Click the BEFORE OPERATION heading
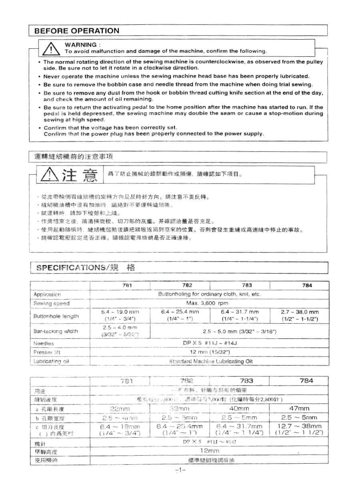77,31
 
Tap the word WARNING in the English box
80,44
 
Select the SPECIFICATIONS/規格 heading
86,268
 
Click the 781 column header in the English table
127,286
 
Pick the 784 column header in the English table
308,286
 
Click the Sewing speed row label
51,304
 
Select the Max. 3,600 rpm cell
207,303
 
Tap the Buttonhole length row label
56,316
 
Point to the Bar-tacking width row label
56,331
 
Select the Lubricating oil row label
52,362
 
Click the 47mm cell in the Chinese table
299,408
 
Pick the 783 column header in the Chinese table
246,381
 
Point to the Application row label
47,295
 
